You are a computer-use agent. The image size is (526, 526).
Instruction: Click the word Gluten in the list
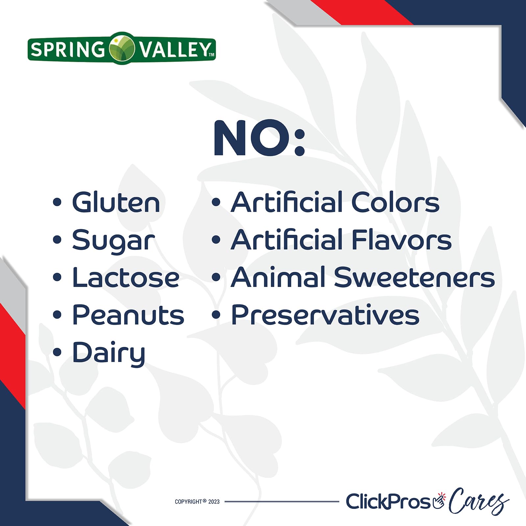[x=116, y=202]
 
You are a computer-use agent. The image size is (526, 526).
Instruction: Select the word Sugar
[x=113, y=240]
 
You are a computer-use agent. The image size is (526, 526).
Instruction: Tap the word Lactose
[x=126, y=278]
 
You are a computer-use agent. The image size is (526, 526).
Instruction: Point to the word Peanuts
[x=128, y=315]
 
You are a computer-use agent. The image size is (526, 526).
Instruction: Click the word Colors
[x=395, y=202]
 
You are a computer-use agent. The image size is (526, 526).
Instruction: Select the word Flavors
[x=401, y=240]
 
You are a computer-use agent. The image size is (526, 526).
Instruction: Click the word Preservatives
[x=325, y=315]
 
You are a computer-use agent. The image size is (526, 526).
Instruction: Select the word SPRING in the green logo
[x=68, y=50]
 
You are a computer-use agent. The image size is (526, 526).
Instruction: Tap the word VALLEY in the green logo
[x=174, y=50]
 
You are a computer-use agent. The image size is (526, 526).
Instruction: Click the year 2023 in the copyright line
[x=214, y=502]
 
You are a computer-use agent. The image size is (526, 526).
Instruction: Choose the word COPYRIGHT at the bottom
[x=188, y=502]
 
